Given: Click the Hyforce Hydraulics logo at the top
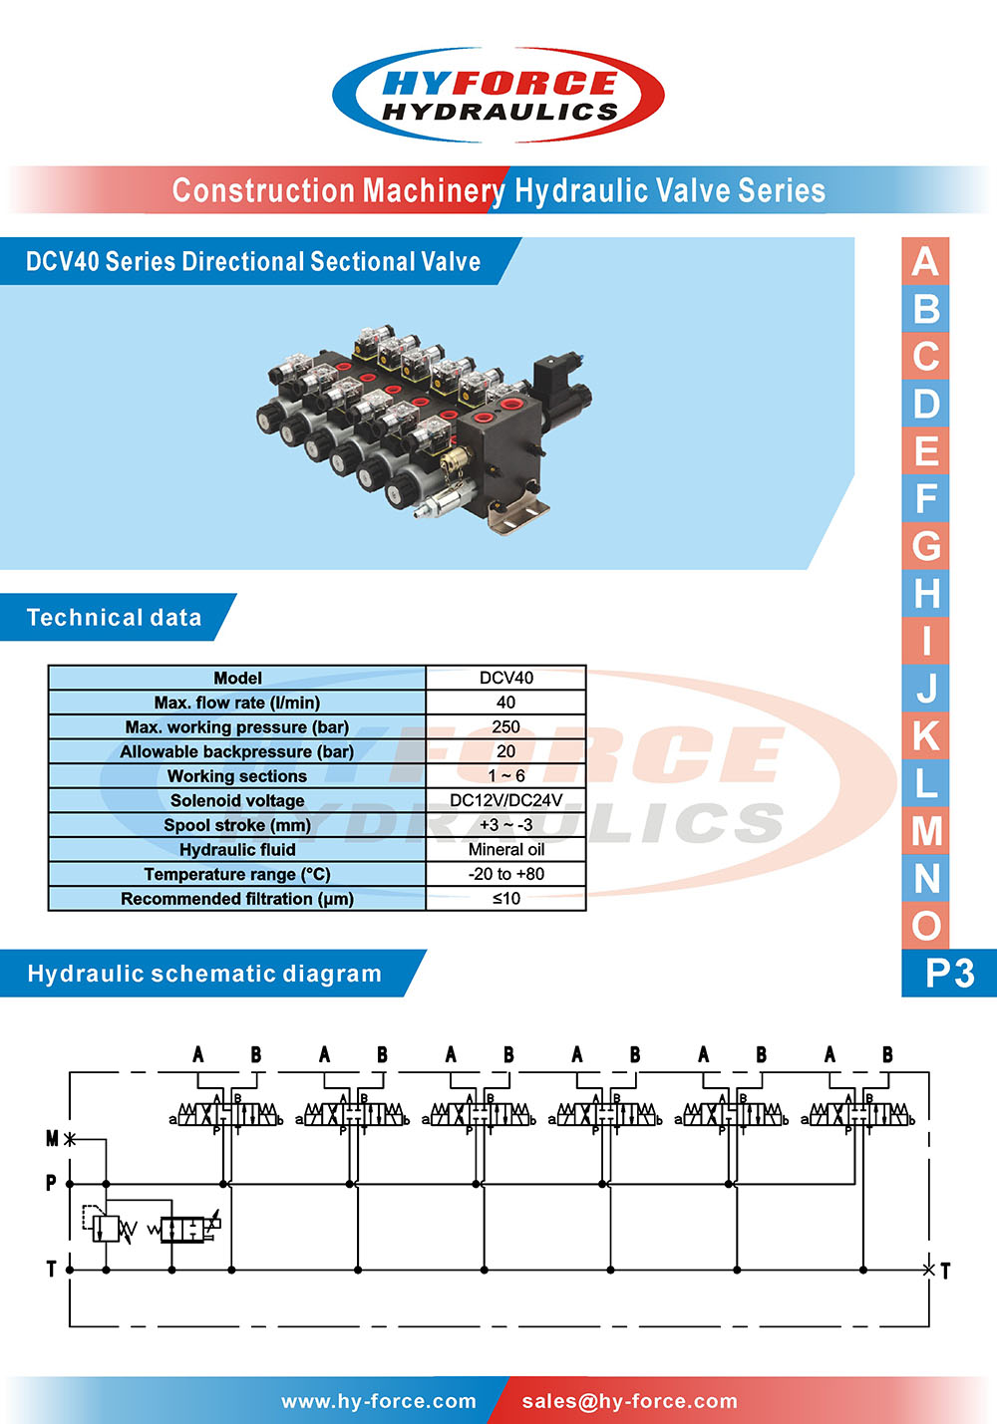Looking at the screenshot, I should (498, 95).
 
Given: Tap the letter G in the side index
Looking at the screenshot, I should (925, 546).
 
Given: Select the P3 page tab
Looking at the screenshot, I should (948, 973).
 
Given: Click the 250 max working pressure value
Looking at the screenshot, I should (505, 726).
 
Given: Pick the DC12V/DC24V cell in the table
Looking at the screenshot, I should (505, 800).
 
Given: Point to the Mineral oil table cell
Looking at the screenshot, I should (505, 849).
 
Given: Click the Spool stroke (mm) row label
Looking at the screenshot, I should (237, 825).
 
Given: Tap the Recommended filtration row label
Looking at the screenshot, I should (237, 899).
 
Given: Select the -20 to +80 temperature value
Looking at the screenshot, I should (505, 874).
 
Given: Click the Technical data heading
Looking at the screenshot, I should (115, 618).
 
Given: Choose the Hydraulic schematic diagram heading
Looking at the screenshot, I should (204, 974).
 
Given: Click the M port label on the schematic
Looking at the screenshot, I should (53, 1138).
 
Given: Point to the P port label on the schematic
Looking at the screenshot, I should (51, 1183).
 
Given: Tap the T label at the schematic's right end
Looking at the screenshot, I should (945, 1271).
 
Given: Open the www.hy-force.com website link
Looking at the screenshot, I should (379, 1401).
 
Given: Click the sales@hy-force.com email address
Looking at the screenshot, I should (629, 1401).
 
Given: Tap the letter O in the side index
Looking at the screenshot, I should (925, 926).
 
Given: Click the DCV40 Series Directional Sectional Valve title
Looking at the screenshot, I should (253, 261).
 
